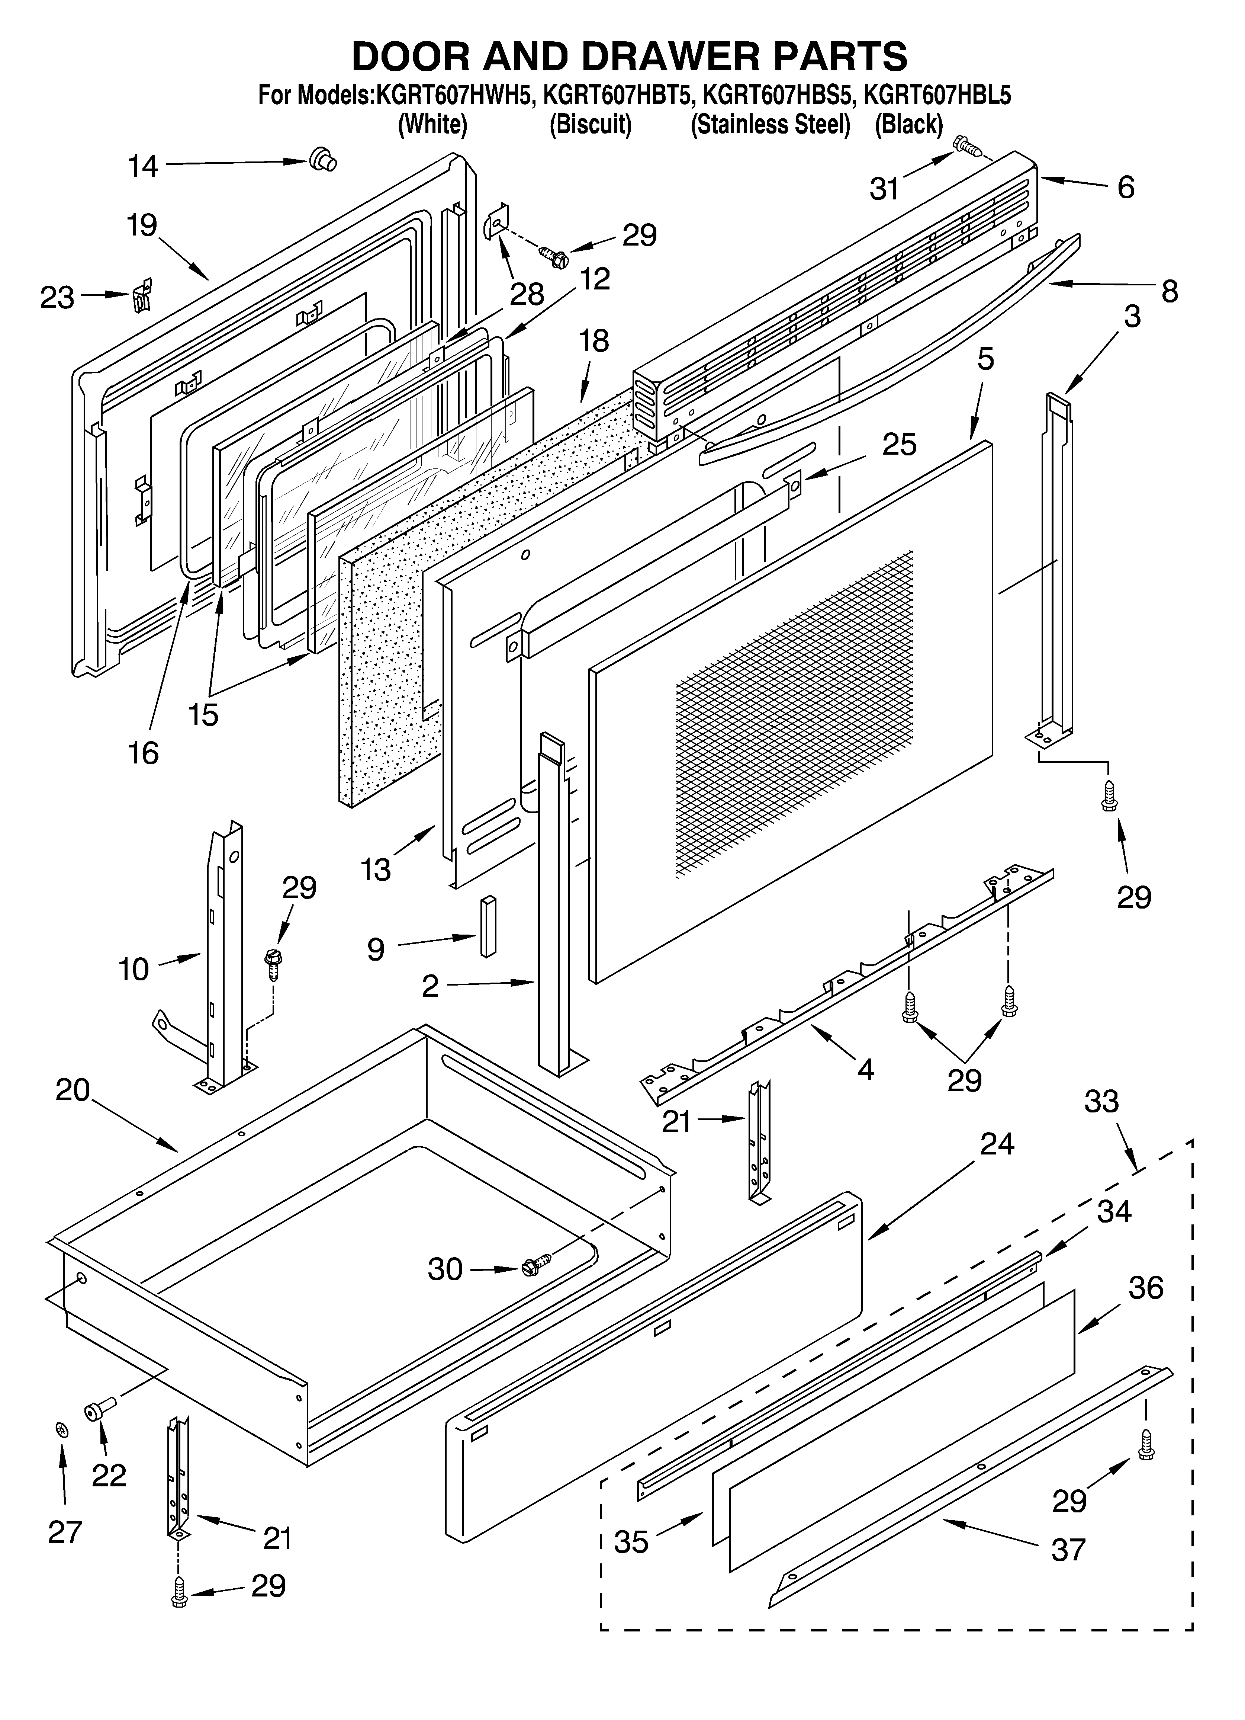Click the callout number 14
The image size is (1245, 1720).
[x=142, y=165]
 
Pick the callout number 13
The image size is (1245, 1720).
[x=375, y=869]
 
